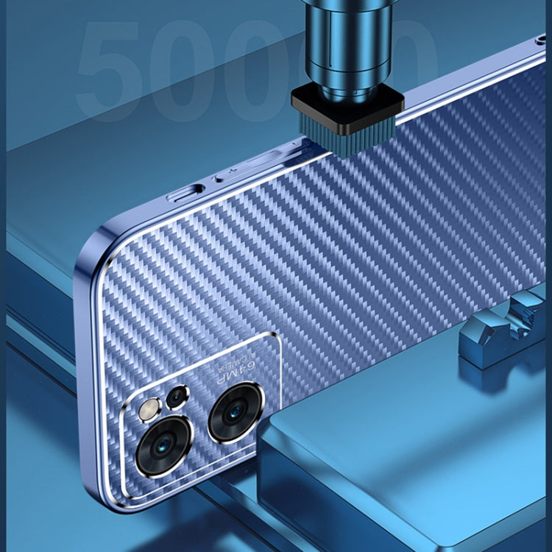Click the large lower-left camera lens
point(163,446)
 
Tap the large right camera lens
point(236,412)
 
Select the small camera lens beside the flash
point(177,398)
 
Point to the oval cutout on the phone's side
point(185,194)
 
